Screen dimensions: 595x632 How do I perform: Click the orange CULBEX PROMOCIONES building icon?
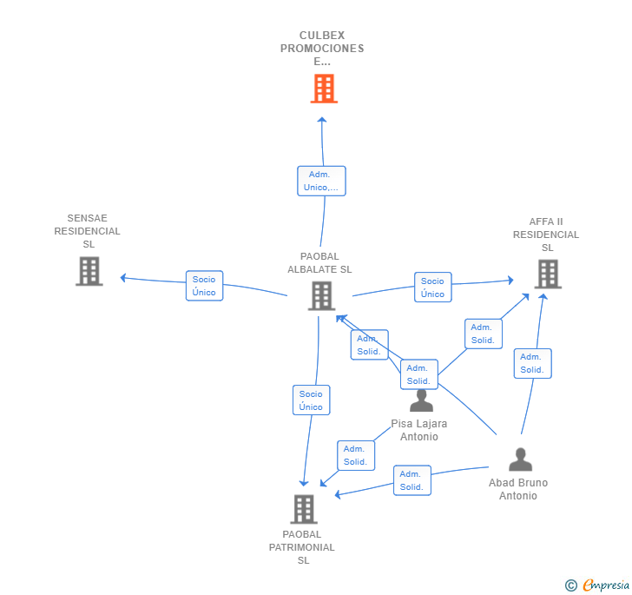click(x=323, y=89)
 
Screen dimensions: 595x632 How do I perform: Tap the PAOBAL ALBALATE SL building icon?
click(x=320, y=295)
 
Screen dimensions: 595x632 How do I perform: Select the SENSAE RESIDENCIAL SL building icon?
click(x=89, y=271)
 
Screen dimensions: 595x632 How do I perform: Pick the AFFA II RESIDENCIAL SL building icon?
click(x=547, y=274)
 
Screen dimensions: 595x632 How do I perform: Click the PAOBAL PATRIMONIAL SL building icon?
click(x=303, y=509)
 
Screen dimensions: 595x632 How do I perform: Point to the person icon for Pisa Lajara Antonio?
click(x=421, y=400)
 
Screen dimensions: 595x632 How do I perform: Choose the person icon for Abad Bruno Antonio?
click(x=520, y=459)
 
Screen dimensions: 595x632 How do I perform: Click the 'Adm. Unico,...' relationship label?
click(x=321, y=181)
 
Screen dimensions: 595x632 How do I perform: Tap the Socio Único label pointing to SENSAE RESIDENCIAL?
click(x=204, y=286)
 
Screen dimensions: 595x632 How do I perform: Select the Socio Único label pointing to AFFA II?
click(x=432, y=288)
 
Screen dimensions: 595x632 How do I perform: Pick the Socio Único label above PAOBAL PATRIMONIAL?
click(x=311, y=400)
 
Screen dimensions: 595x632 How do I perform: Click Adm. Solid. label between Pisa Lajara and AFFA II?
click(x=483, y=334)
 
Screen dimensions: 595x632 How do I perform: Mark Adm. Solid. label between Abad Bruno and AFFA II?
click(x=532, y=363)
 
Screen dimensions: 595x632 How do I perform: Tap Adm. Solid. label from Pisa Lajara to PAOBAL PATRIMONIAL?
click(x=355, y=455)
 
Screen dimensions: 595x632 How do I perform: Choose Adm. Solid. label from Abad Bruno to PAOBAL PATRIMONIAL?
click(x=411, y=480)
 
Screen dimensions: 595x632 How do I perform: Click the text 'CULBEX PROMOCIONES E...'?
click(x=322, y=49)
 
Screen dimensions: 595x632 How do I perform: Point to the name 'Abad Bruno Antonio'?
click(x=518, y=489)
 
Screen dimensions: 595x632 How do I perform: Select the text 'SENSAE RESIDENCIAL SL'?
click(x=88, y=231)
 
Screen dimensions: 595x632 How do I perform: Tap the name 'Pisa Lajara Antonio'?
click(x=419, y=430)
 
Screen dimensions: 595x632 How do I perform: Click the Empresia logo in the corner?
click(x=598, y=585)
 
